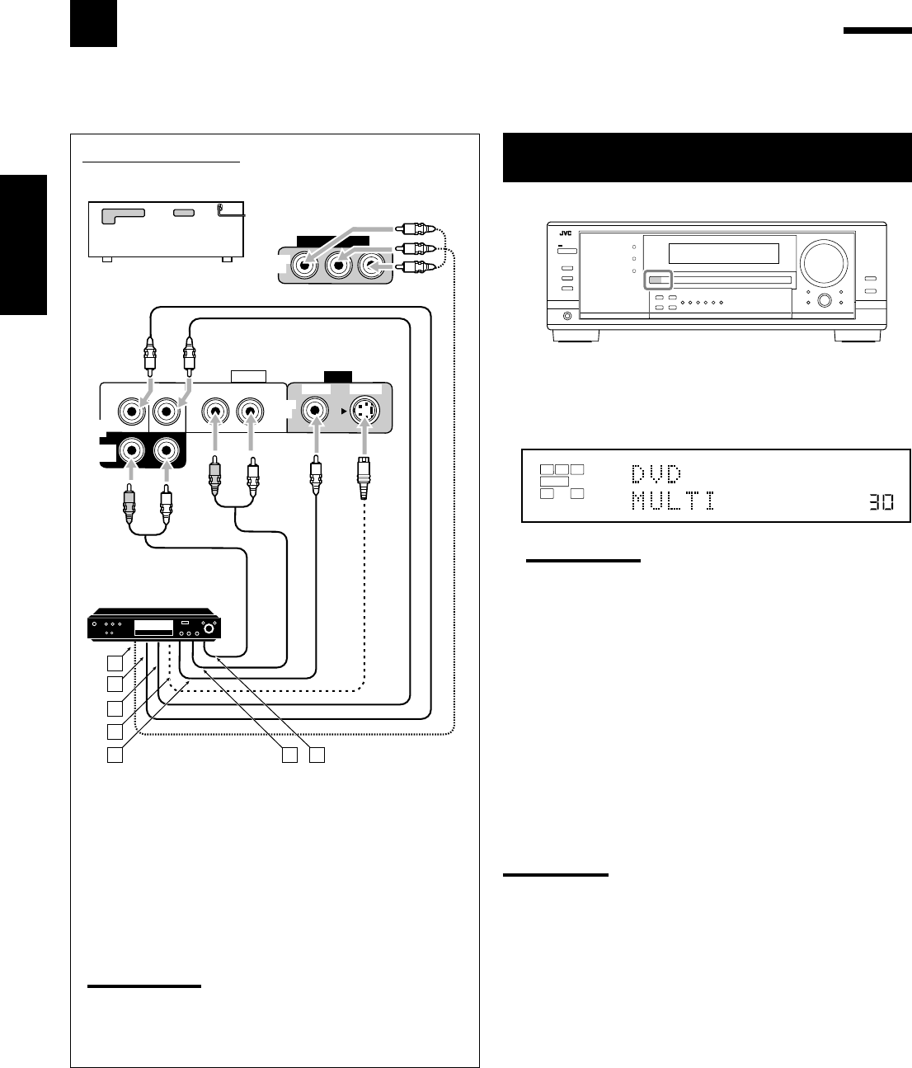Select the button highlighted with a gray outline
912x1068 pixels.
(659, 280)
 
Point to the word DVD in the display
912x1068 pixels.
(656, 473)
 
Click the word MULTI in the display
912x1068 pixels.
(672, 501)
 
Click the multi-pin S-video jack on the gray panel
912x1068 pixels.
(365, 410)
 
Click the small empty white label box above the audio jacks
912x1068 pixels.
(249, 377)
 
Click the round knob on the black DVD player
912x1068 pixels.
(209, 630)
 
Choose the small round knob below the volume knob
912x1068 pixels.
(823, 301)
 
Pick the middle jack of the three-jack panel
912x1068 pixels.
(338, 266)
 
